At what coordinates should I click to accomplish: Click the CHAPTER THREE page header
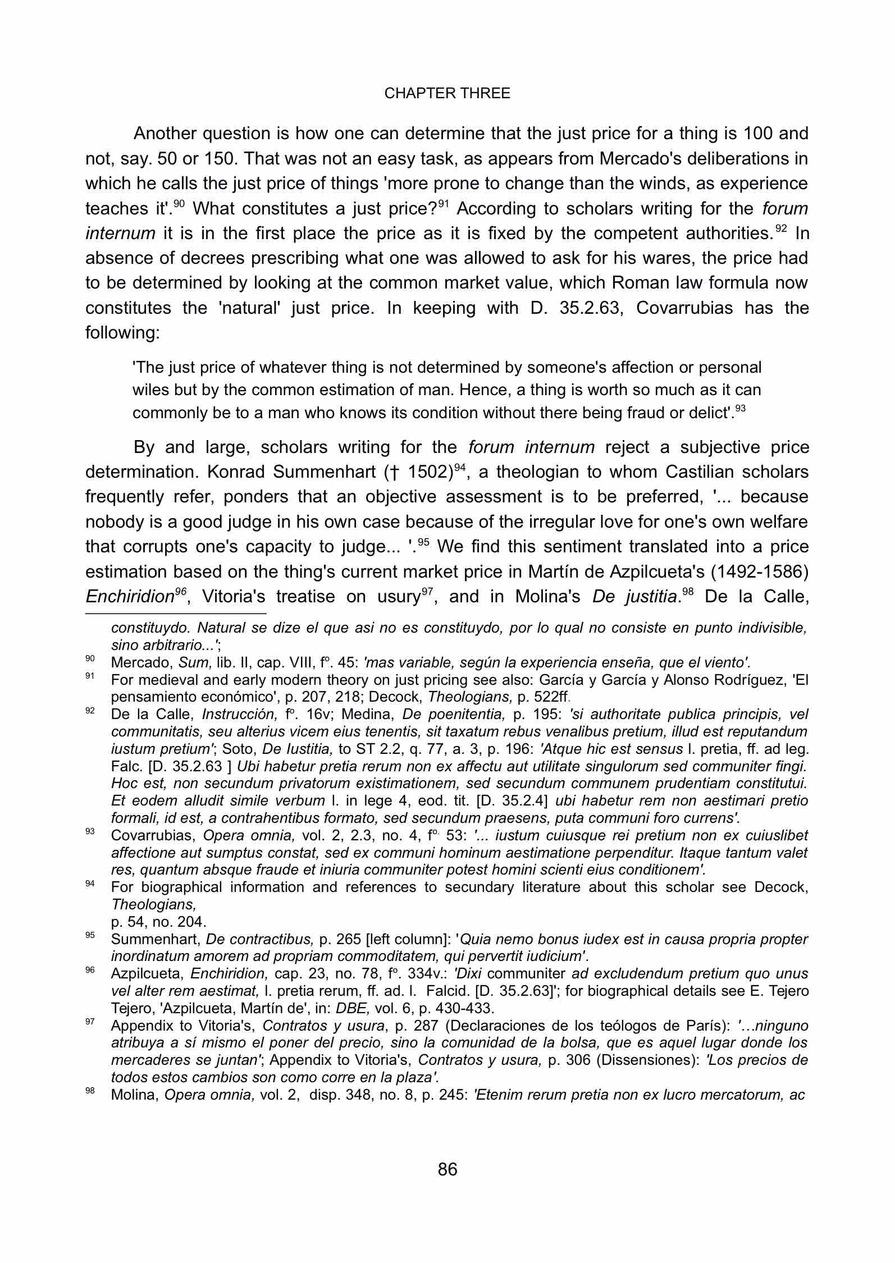[447, 93]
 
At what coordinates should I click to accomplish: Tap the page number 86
[447, 1169]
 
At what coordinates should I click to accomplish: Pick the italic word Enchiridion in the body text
[129, 597]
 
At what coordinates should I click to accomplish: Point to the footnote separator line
[176, 614]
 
